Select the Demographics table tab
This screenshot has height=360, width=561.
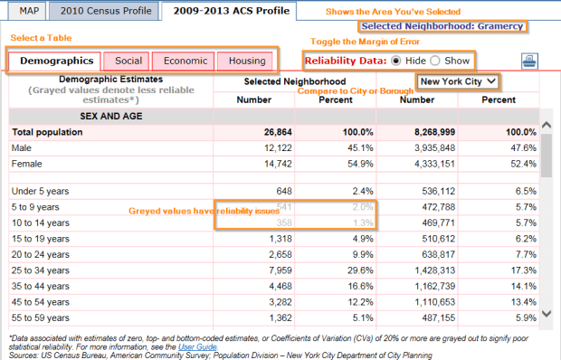click(57, 61)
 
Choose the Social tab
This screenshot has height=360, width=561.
click(128, 61)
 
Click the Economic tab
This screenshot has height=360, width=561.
click(184, 61)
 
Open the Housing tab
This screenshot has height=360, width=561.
click(246, 61)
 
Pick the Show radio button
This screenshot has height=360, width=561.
click(435, 61)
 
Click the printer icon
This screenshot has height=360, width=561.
click(528, 62)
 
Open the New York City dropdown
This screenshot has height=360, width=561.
click(457, 81)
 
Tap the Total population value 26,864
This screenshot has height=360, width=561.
click(271, 132)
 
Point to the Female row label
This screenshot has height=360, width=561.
click(29, 163)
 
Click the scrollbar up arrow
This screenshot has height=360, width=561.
click(546, 127)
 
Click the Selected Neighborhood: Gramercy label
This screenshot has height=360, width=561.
click(442, 26)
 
